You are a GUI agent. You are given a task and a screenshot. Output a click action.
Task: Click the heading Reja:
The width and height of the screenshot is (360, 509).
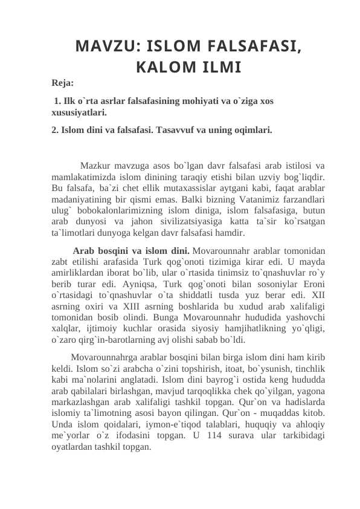63,82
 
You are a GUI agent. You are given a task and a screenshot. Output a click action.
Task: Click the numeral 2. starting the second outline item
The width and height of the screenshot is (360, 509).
56,129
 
